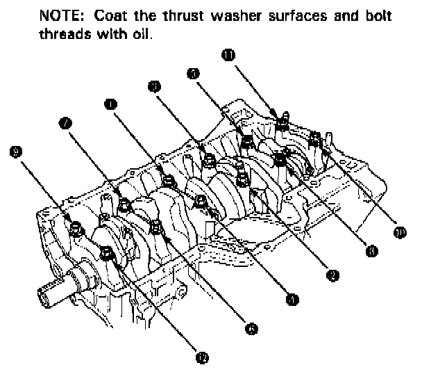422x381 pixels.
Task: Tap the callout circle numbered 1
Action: click(x=110, y=104)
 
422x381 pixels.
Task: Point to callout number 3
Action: click(x=154, y=86)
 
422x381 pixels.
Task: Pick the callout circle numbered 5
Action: click(x=194, y=72)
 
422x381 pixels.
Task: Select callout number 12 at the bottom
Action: click(x=202, y=357)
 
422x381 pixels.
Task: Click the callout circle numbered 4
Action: click(x=292, y=299)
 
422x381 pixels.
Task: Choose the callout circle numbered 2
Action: click(x=332, y=275)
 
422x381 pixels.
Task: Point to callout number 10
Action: click(x=399, y=232)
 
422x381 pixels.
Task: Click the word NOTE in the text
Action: click(x=58, y=15)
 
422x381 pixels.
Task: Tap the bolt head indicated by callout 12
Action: click(x=108, y=254)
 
